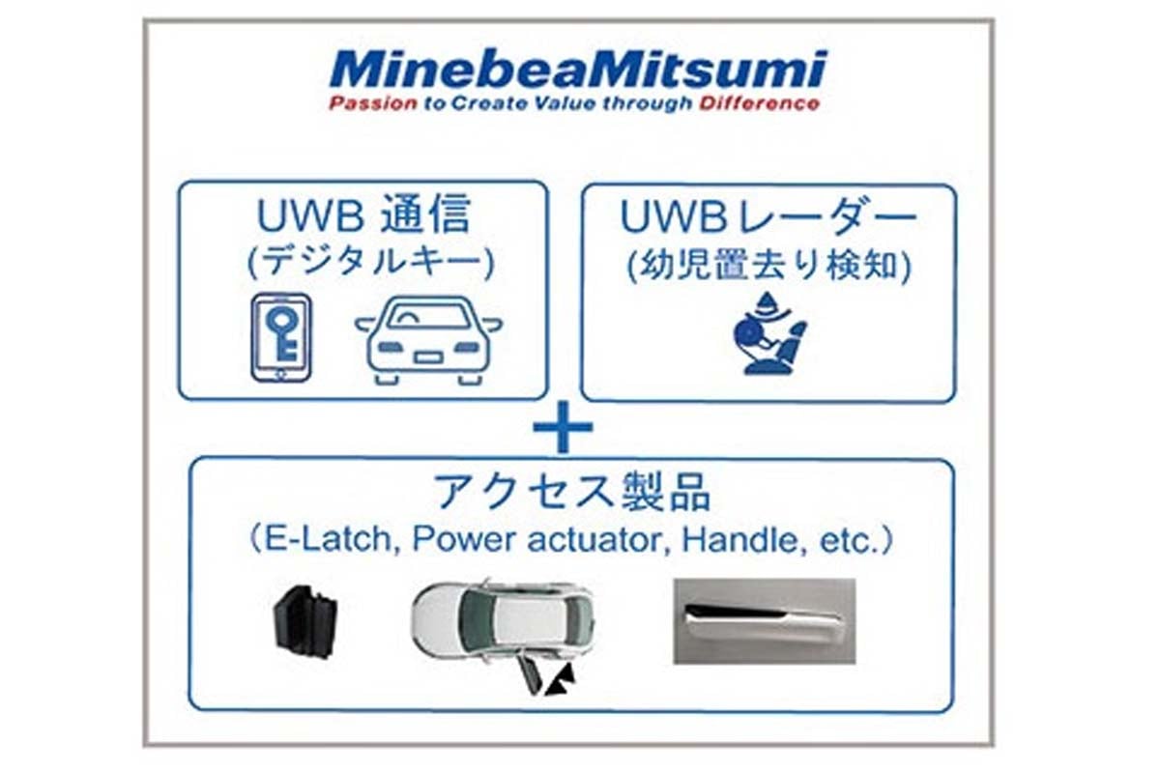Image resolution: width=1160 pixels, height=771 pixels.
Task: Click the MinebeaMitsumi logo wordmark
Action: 577,70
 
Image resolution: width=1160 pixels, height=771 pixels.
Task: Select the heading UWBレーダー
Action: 768,219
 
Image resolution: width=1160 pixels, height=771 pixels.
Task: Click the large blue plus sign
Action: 563,429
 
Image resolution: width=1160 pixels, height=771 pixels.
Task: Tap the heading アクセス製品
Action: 572,493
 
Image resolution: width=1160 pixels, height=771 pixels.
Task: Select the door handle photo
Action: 764,620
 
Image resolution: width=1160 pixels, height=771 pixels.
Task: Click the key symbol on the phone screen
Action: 281,333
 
